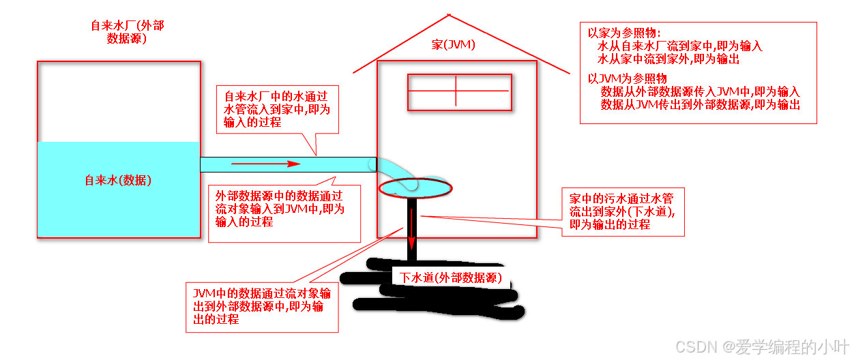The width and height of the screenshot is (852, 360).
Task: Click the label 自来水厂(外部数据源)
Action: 128,32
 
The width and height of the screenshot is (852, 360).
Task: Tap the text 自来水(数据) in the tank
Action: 118,181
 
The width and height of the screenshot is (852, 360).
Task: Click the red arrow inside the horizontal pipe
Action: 266,164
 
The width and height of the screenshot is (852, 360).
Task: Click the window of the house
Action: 458,91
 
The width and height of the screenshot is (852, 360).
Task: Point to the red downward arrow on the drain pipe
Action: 412,232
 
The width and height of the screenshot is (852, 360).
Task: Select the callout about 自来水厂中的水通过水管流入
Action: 277,109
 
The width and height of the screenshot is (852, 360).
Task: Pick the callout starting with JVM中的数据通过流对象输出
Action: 262,307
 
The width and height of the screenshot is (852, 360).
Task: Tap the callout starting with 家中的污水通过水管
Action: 621,211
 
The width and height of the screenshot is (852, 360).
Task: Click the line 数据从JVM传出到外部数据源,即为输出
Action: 700,104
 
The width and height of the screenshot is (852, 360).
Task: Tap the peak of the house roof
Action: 448,14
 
